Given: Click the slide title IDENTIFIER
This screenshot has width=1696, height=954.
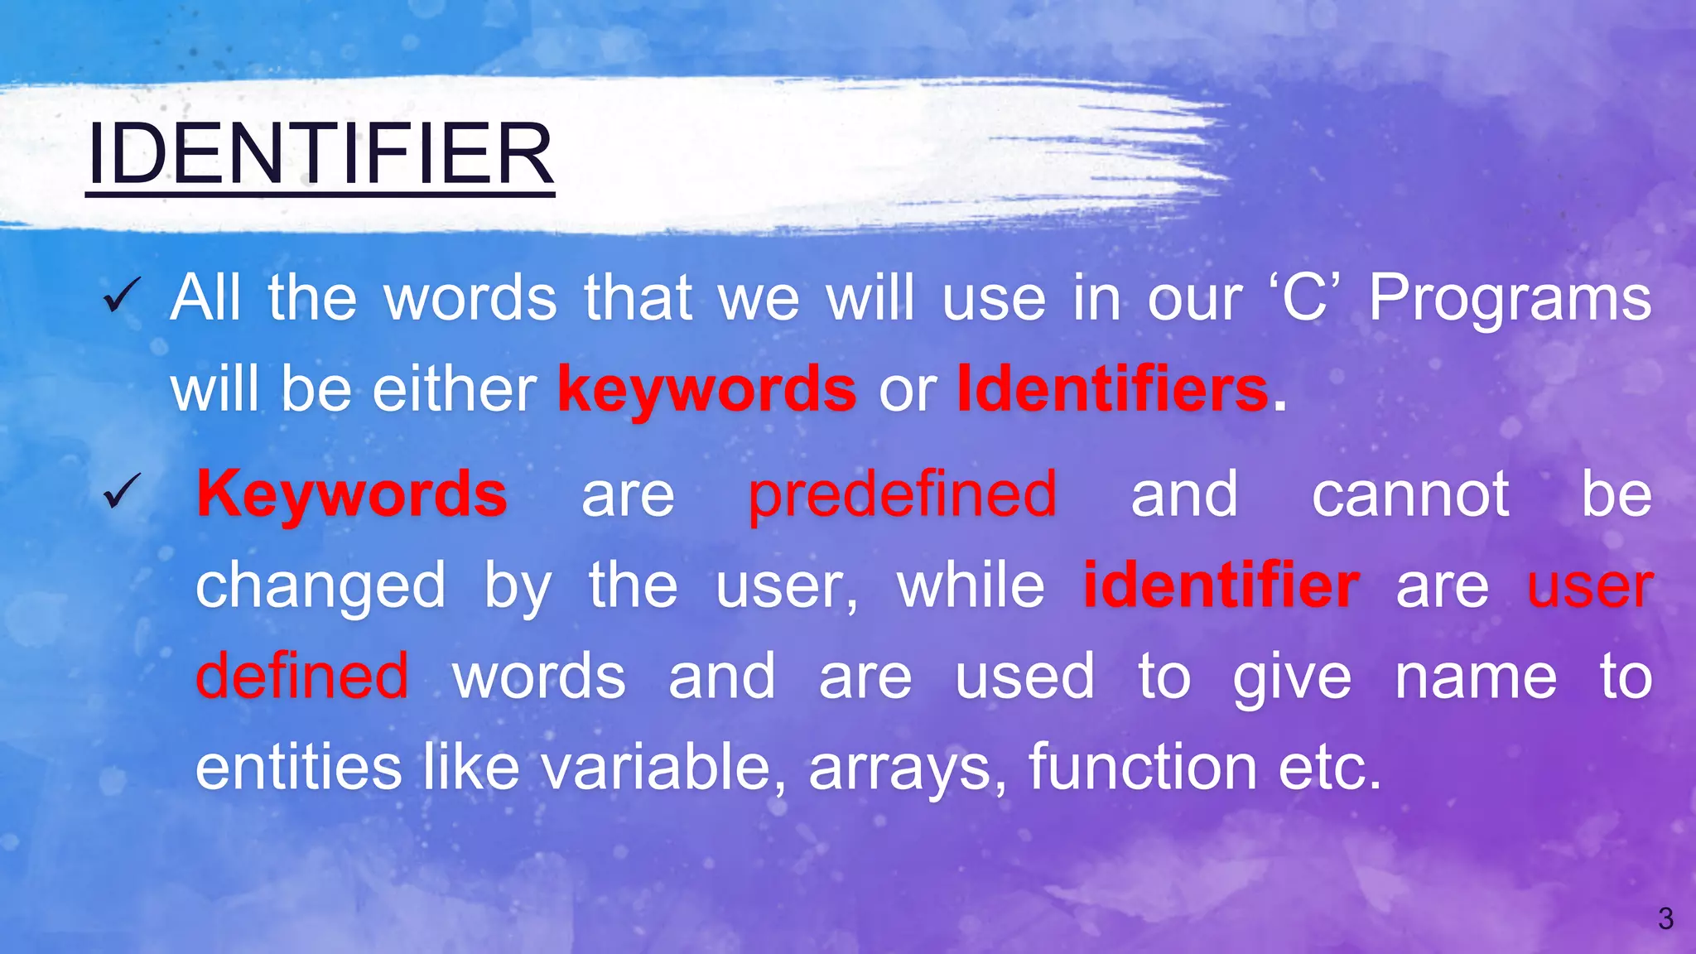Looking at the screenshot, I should point(320,155).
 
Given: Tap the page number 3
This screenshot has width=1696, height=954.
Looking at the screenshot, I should point(1665,918).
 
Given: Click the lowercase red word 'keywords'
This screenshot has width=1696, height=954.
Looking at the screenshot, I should point(706,389).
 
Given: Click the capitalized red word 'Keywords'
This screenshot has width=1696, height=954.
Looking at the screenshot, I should point(352,494).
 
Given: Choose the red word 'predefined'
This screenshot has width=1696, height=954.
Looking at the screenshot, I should point(902,494).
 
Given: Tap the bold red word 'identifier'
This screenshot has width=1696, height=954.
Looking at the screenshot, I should point(1221,585).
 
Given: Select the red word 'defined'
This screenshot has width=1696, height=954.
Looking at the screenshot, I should point(301,676).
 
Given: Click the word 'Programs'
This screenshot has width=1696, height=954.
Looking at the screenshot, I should point(1509,298).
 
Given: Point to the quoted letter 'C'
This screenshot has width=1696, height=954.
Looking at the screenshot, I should point(1304,298).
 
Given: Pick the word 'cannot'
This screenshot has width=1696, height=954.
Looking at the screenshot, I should point(1410,494).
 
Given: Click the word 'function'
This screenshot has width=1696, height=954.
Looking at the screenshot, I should point(1143,766).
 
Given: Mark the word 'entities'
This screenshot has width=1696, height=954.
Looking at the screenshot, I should point(298,766).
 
